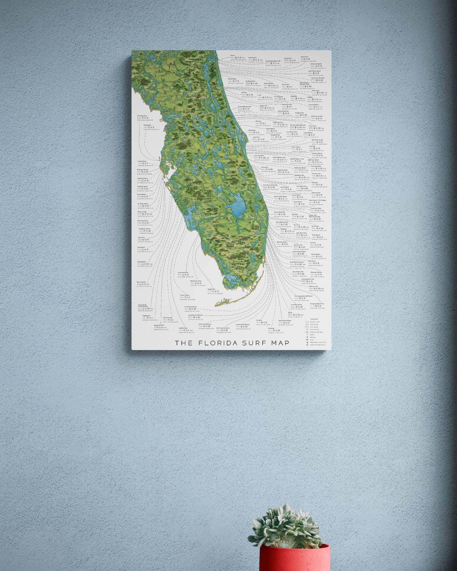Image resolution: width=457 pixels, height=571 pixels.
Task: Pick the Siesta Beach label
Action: (x=141, y=262)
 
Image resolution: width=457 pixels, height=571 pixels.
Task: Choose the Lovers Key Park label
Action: (x=183, y=272)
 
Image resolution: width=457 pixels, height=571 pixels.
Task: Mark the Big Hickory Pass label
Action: (x=196, y=281)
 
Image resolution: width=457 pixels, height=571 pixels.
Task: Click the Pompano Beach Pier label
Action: (x=317, y=304)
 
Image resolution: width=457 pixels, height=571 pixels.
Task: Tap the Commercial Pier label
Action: (x=297, y=305)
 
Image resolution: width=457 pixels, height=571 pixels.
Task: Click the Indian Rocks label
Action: (x=142, y=161)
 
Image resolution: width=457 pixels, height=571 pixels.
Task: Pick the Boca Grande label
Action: (x=168, y=318)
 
